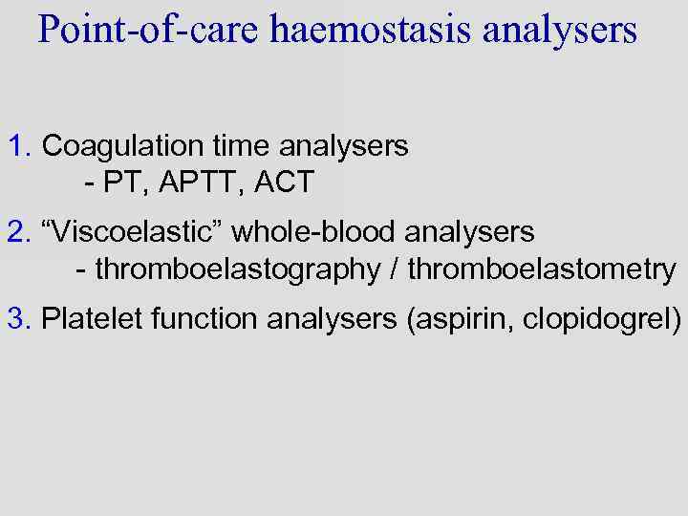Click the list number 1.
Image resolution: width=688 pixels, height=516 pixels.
coord(18,146)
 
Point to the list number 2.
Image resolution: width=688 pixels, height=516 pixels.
coord(18,232)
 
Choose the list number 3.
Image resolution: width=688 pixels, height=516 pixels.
coord(18,318)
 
